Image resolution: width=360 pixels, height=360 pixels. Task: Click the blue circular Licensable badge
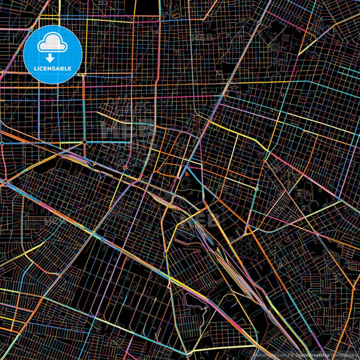click(53, 54)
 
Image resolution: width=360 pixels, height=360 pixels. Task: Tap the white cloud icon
click(53, 45)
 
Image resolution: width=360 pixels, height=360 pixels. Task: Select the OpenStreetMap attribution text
click(313, 354)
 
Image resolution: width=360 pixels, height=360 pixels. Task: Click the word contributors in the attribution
click(346, 354)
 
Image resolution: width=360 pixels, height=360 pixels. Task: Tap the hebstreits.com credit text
click(269, 354)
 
